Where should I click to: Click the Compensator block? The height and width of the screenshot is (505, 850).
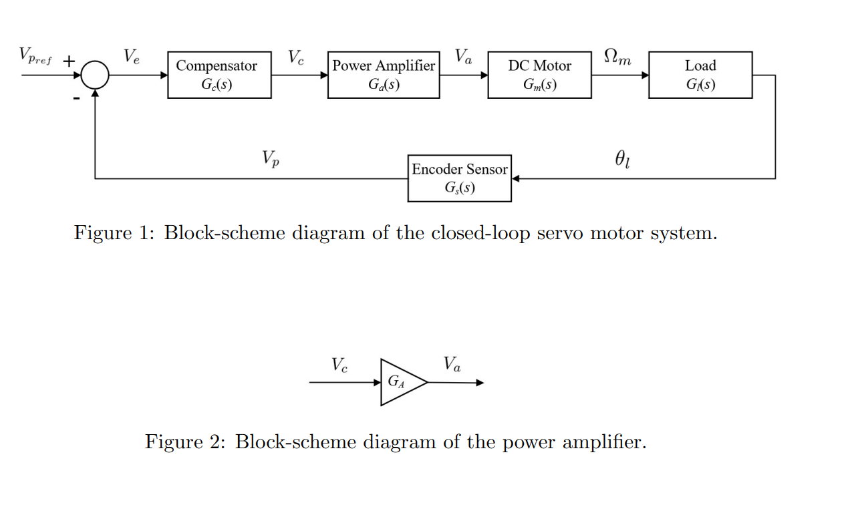click(x=219, y=75)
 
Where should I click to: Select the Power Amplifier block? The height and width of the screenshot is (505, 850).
click(x=384, y=75)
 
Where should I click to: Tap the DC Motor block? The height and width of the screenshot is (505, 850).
click(x=539, y=75)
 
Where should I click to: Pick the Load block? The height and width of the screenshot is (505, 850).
click(x=700, y=75)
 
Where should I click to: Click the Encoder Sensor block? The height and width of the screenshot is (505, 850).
click(x=459, y=178)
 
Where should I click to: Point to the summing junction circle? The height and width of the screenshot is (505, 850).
click(x=96, y=75)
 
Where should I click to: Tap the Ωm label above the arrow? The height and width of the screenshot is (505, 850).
click(x=616, y=57)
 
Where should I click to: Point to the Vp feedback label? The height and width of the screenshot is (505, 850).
click(x=270, y=159)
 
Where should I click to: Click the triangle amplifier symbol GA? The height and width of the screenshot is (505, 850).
click(x=400, y=382)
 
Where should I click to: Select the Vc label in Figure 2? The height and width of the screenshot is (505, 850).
click(x=339, y=365)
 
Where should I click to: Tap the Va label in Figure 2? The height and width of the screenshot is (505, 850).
click(x=452, y=365)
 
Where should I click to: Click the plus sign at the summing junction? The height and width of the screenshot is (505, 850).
click(x=69, y=61)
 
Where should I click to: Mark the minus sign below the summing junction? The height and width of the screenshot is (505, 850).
click(x=76, y=98)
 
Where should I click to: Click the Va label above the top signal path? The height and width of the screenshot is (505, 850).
click(x=463, y=57)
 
